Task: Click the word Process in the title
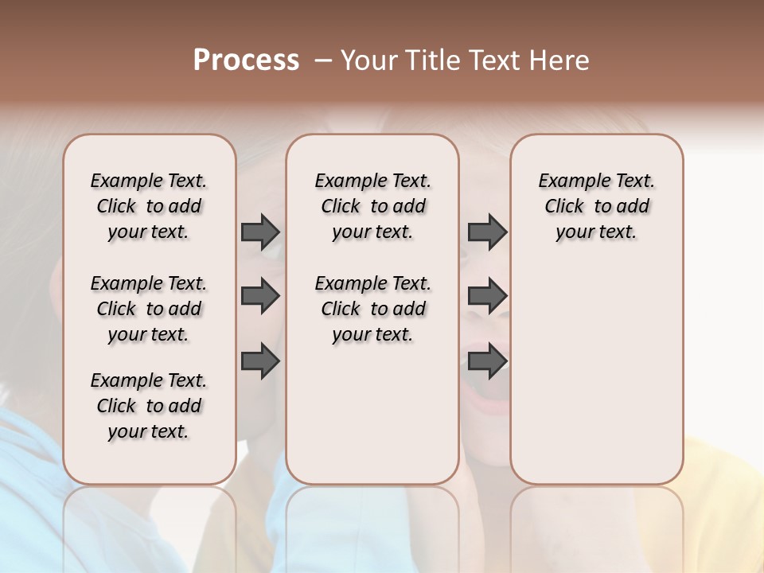246,60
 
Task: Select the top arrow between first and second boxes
260,232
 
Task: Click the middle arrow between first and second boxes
260,297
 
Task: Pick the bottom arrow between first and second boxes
260,361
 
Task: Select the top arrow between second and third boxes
487,232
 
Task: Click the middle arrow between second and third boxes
487,297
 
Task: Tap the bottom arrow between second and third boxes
487,361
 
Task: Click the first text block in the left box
149,206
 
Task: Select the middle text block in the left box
149,309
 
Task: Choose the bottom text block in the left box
149,406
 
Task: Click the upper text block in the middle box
372,206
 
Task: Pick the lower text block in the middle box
372,309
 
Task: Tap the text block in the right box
596,206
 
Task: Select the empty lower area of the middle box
372,422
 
